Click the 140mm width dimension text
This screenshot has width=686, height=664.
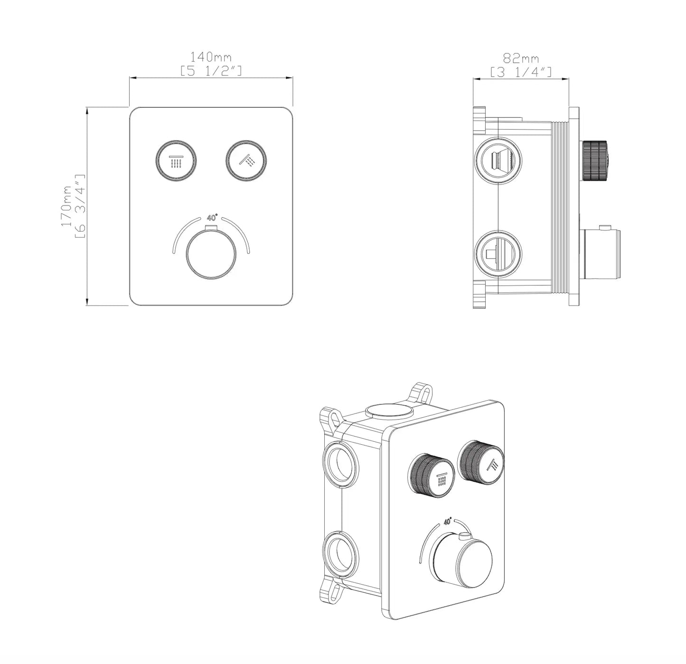(x=211, y=57)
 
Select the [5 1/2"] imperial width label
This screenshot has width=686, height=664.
(x=211, y=71)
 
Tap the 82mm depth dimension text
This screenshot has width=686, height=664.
(x=521, y=58)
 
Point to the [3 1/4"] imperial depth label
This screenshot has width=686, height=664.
(x=521, y=72)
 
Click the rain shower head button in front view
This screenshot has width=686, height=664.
(x=177, y=161)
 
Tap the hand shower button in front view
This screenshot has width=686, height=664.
(x=246, y=161)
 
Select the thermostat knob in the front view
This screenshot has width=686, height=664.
(x=211, y=256)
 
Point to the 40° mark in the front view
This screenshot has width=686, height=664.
(x=212, y=218)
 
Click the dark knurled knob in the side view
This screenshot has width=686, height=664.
(x=595, y=160)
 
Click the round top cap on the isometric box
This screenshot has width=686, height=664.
(x=389, y=411)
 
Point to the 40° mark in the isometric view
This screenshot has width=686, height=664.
(x=447, y=521)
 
